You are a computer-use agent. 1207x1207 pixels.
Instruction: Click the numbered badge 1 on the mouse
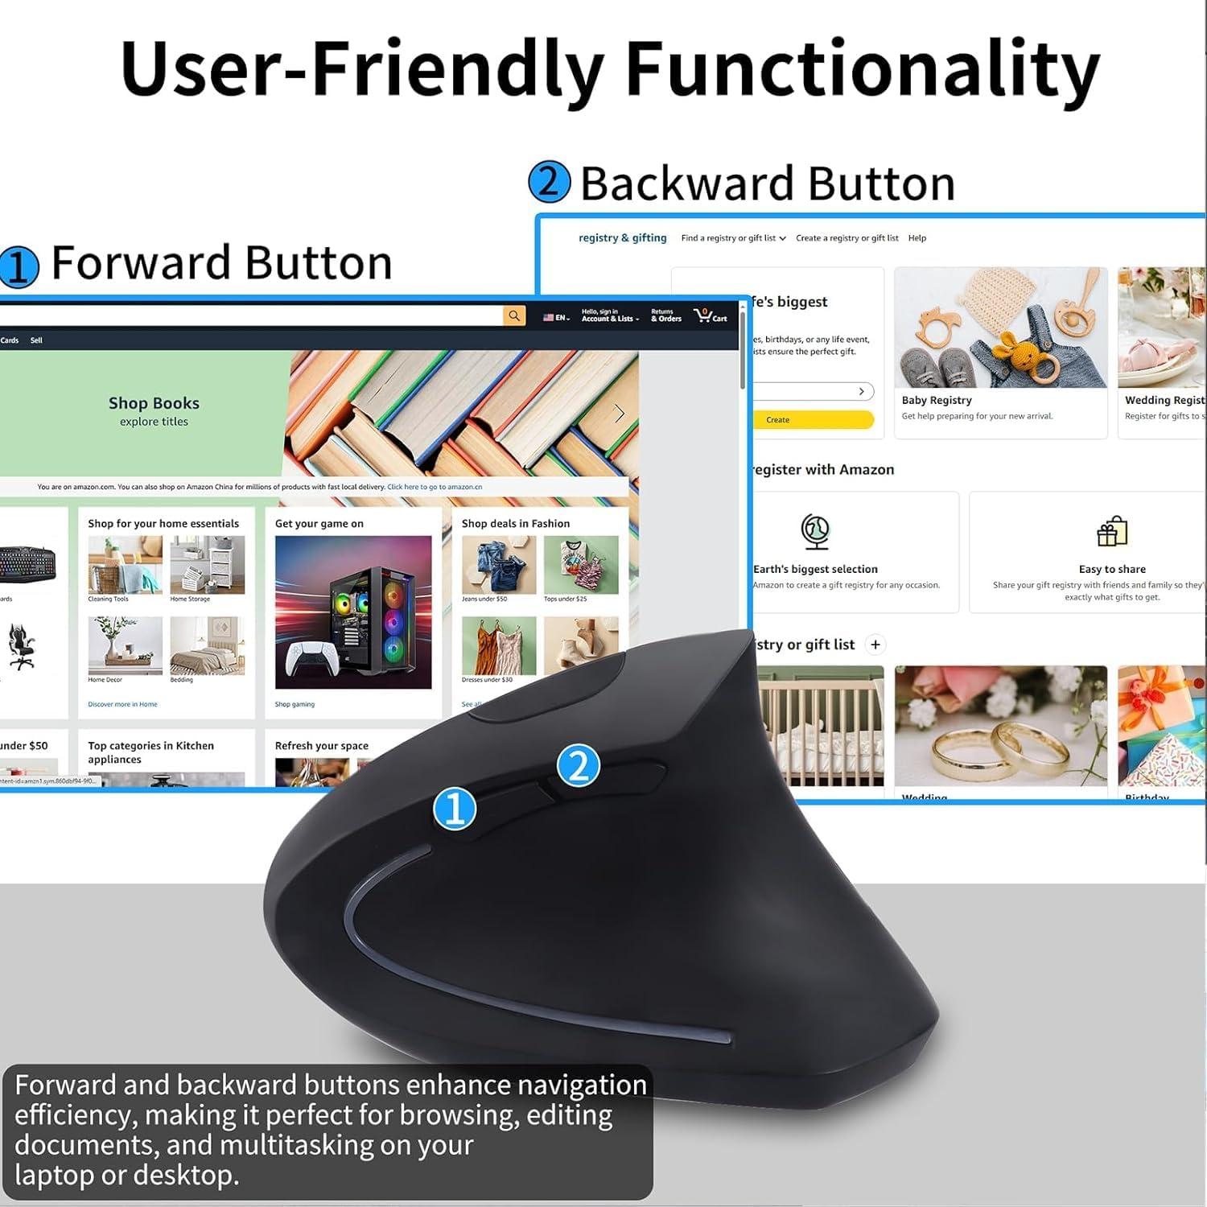455,808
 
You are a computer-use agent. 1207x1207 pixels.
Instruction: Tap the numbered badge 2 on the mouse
579,765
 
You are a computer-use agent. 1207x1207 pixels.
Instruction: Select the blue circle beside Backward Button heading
549,182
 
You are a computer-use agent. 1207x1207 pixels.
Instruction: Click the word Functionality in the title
862,68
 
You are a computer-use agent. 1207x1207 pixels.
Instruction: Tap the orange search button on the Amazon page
514,315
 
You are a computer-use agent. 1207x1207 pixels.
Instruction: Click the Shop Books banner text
154,403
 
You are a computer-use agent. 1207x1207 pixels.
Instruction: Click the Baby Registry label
937,400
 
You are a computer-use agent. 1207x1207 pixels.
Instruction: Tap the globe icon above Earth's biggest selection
815,532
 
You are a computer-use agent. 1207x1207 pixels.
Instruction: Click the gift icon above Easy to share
1112,532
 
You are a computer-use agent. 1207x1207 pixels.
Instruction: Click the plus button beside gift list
875,645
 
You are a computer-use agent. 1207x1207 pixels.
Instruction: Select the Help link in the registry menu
917,238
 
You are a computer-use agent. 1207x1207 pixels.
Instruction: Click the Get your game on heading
319,523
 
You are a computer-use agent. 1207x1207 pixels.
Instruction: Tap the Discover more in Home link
122,704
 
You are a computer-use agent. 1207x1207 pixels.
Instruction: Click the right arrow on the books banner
620,414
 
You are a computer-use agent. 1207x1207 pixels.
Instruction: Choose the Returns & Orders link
665,315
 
